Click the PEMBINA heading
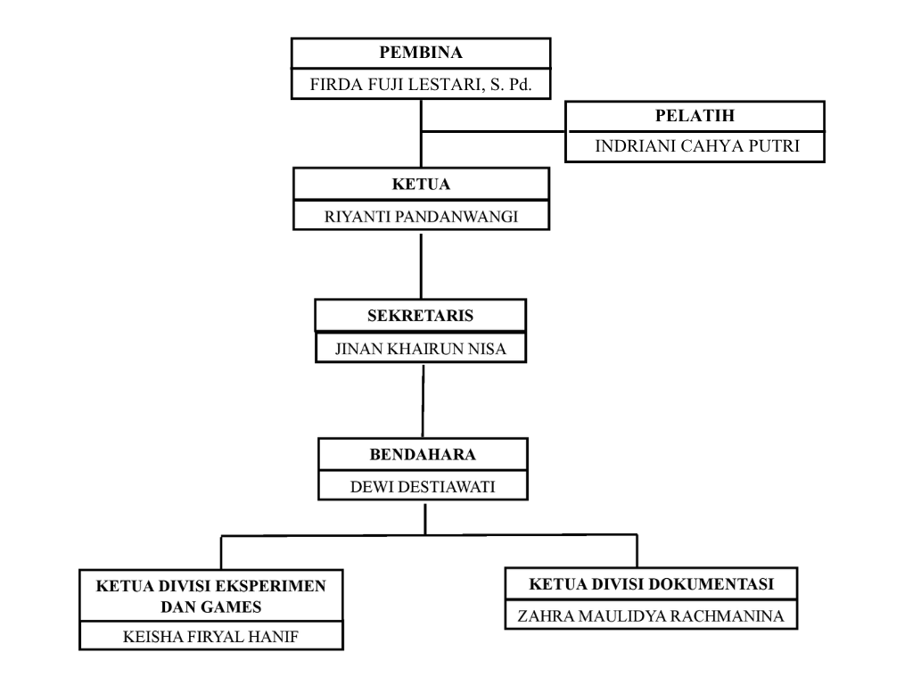[x=421, y=53]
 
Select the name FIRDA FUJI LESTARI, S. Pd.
[x=421, y=85]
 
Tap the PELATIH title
[x=695, y=115]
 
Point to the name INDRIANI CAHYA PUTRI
[x=697, y=145]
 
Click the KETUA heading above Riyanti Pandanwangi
[x=421, y=184]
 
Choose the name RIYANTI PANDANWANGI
[x=421, y=217]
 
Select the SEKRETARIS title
[x=421, y=316]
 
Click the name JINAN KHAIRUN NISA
[x=421, y=349]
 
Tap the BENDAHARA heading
[x=423, y=454]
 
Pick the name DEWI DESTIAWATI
[x=423, y=487]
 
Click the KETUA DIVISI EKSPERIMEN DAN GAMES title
[x=210, y=597]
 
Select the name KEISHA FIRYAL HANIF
[x=210, y=637]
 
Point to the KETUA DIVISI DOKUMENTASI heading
[x=652, y=583]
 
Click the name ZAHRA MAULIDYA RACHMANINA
[x=651, y=615]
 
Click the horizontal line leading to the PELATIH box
[x=493, y=132]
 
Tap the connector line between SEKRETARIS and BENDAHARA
[x=423, y=400]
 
